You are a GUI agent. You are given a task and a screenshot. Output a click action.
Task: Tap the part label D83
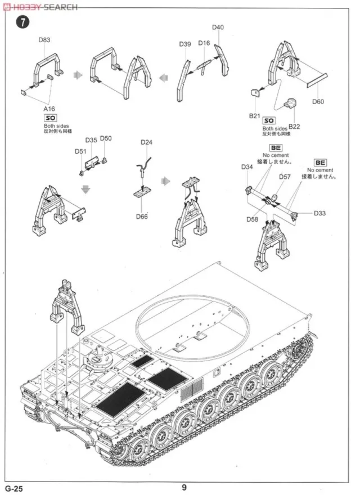pyautogui.click(x=44, y=40)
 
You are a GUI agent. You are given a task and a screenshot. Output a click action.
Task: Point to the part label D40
pyautogui.click(x=218, y=28)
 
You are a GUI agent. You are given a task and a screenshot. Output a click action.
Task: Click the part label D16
pyautogui.click(x=204, y=43)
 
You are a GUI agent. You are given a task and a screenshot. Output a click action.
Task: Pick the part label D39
pyautogui.click(x=185, y=44)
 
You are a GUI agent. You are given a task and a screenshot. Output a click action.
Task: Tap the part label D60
pyautogui.click(x=318, y=102)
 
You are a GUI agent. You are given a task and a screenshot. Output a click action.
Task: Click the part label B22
pyautogui.click(x=295, y=125)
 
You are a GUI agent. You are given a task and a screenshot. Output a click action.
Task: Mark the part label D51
pyautogui.click(x=80, y=151)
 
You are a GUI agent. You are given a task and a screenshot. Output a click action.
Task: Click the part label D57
pyautogui.click(x=285, y=177)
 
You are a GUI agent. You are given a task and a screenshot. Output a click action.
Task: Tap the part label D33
pyautogui.click(x=320, y=214)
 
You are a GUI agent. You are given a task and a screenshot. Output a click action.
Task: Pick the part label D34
pyautogui.click(x=247, y=167)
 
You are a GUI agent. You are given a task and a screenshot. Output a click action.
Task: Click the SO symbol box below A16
pyautogui.click(x=50, y=118)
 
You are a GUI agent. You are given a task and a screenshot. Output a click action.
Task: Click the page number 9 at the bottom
pyautogui.click(x=184, y=488)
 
